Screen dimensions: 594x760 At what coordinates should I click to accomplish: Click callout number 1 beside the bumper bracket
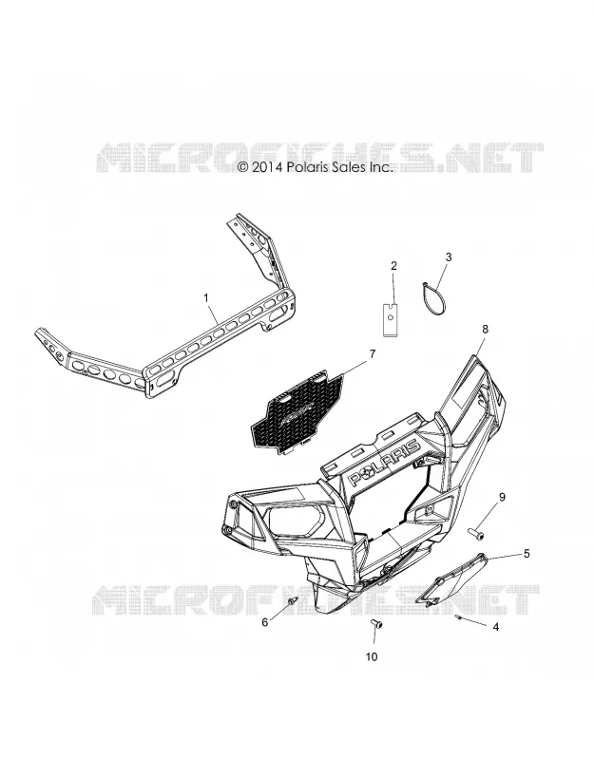(206, 297)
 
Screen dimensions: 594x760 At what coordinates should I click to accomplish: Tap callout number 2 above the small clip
(393, 265)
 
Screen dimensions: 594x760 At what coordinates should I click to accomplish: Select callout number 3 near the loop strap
(449, 256)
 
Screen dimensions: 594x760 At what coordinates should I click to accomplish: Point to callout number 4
(495, 627)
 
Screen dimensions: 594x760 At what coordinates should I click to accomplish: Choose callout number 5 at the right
(527, 554)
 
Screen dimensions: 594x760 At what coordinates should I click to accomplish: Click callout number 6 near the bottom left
(265, 622)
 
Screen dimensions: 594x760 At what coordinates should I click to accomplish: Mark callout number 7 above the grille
(373, 354)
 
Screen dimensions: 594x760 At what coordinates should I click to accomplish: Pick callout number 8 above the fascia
(485, 329)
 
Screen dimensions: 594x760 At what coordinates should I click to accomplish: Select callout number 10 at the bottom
(372, 656)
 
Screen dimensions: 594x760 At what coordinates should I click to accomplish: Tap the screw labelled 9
(474, 533)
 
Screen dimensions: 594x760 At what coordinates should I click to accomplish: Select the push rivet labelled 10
(376, 624)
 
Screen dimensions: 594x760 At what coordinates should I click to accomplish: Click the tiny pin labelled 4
(458, 617)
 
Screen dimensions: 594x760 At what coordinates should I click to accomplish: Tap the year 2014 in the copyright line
(267, 167)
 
